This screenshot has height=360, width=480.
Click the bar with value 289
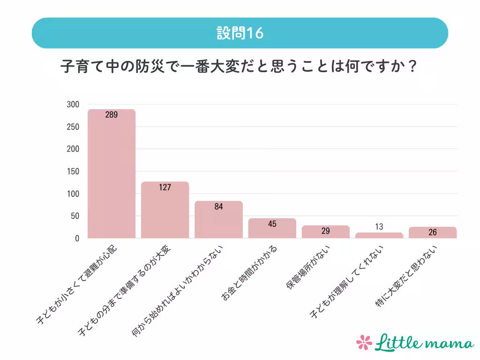(112, 174)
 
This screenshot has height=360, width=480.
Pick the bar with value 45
(272, 228)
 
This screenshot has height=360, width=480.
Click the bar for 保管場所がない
(325, 232)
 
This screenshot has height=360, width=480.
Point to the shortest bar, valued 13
(379, 235)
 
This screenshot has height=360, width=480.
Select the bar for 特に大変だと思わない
(432, 232)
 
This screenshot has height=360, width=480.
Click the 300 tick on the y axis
(73, 105)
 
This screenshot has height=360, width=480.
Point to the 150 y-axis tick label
(73, 172)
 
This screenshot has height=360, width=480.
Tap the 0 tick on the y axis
(77, 239)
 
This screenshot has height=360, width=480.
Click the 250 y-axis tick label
(73, 127)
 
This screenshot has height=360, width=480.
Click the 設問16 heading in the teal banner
(240, 33)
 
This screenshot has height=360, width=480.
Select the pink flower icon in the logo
(364, 343)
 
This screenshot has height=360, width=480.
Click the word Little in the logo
(398, 342)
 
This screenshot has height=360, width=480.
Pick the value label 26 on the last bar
(433, 232)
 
